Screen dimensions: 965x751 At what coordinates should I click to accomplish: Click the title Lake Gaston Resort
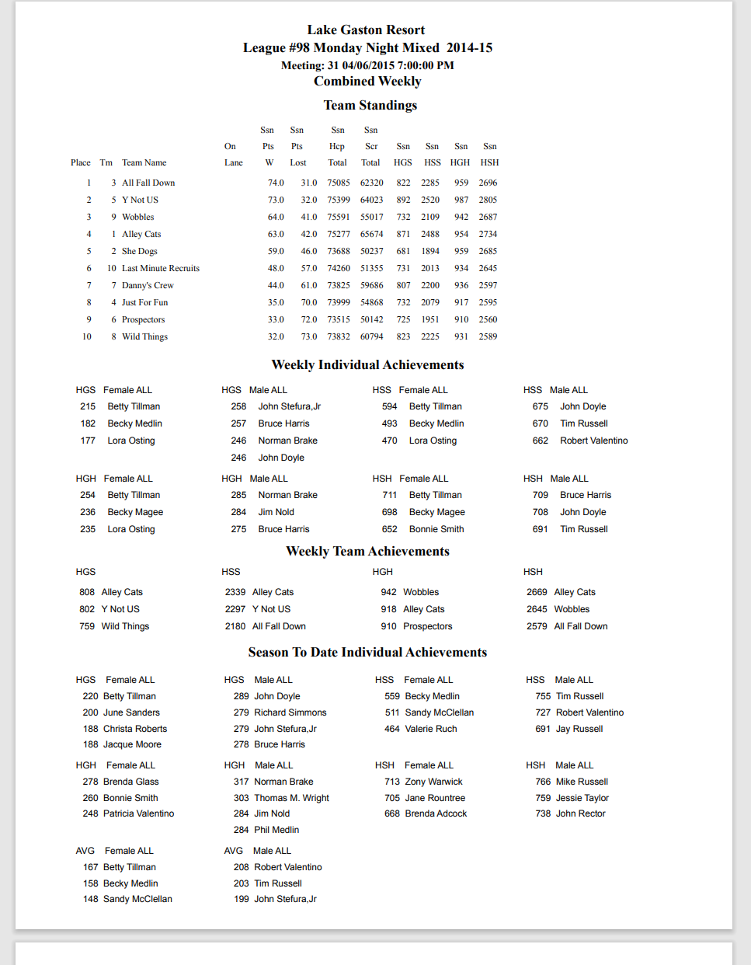[366, 30]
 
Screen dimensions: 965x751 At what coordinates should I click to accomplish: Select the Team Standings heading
[370, 106]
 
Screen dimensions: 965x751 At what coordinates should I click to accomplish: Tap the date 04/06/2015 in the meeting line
[368, 65]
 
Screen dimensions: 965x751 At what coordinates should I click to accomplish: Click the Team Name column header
[144, 162]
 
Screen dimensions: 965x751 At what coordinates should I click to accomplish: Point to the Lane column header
[233, 162]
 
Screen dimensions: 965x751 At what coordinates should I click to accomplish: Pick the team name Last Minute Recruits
[160, 268]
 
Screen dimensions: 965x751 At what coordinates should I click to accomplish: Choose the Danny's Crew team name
[148, 285]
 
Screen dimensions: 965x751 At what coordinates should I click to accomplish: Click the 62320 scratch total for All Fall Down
[371, 183]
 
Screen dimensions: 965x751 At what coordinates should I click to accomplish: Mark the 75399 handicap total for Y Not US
[338, 200]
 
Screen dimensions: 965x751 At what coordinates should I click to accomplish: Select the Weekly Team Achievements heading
[367, 552]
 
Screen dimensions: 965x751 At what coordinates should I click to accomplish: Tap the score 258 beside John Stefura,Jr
[238, 406]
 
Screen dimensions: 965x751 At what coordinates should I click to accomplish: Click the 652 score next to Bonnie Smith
[389, 529]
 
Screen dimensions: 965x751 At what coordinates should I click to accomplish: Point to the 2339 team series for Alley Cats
[235, 592]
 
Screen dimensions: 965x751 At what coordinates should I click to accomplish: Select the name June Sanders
[131, 712]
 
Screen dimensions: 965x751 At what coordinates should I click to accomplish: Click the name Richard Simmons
[290, 712]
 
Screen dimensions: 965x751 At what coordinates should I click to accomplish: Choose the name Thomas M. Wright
[291, 798]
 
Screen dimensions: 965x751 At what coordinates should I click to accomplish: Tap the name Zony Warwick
[433, 782]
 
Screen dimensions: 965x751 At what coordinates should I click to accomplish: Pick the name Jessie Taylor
[582, 798]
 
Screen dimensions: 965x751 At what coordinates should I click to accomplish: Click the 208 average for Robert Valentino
[241, 867]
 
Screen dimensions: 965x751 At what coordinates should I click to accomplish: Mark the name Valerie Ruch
[430, 729]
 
